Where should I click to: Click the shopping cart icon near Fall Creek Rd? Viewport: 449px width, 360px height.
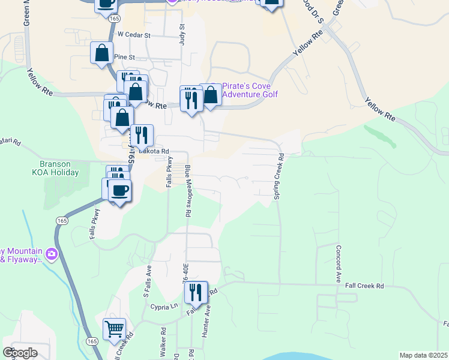tap(114, 329)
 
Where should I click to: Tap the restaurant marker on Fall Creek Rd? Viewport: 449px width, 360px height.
tap(196, 292)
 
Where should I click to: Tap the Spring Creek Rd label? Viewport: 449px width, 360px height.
tap(279, 176)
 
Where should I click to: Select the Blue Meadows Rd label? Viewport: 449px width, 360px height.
tap(188, 191)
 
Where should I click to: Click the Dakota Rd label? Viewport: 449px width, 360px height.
tap(154, 151)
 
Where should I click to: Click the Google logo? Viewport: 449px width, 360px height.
tap(20, 353)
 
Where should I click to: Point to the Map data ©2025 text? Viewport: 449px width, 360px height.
tap(423, 355)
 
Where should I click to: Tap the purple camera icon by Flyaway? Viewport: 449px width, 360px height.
tap(52, 254)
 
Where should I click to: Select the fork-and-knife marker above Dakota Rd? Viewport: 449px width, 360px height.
tap(142, 135)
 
